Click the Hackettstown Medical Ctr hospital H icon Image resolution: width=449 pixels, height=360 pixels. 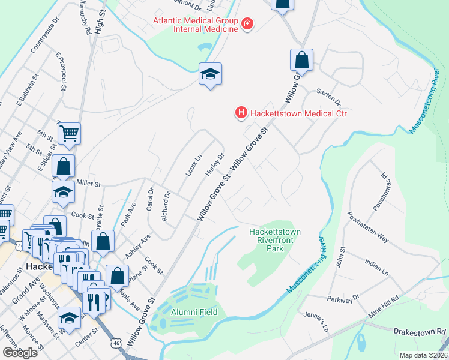click(x=241, y=112)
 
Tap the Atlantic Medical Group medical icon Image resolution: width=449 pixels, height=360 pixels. click(x=247, y=24)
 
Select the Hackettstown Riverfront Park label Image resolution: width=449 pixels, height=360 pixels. click(x=274, y=240)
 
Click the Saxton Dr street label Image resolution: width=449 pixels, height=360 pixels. click(x=329, y=103)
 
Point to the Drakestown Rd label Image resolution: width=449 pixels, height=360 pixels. click(x=420, y=331)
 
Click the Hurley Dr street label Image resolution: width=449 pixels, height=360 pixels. click(x=215, y=164)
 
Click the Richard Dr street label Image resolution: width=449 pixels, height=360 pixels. click(x=167, y=206)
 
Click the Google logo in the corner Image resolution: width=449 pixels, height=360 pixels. click(x=20, y=353)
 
